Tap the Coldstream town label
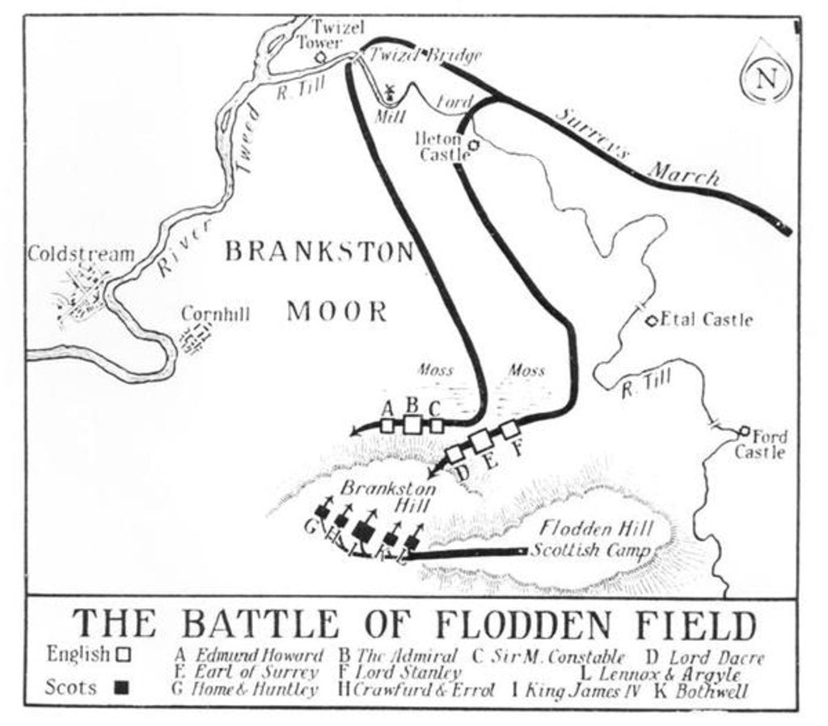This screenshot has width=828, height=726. (81, 254)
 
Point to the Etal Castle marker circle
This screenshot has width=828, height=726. (651, 320)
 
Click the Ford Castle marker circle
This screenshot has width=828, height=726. (745, 431)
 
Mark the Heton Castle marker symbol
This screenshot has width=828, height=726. (473, 146)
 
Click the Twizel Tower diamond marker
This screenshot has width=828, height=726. (320, 57)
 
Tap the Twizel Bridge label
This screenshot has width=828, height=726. (425, 55)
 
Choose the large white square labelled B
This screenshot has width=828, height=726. (412, 424)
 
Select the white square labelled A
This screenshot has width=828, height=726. (387, 424)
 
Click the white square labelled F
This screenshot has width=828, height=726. (509, 430)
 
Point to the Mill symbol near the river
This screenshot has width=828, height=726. (389, 93)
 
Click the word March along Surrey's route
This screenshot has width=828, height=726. (684, 172)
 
